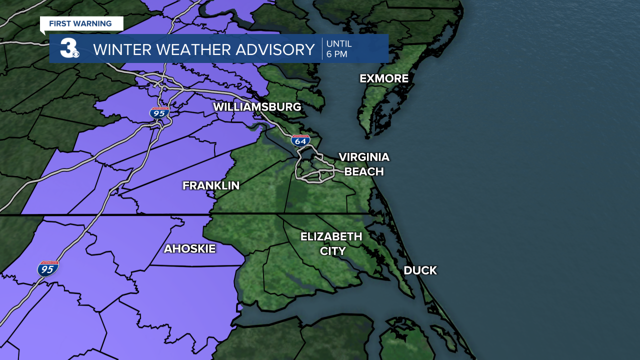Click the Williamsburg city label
pos(257,107)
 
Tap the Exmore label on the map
pos(384,78)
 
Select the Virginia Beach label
pos(363,164)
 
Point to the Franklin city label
pos(210,185)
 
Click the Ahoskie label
pos(189,248)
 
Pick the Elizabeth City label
pos(331,243)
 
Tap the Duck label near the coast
pos(420,270)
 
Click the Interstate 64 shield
pos(300,140)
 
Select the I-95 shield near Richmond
pos(159,112)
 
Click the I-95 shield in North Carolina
pos(48,268)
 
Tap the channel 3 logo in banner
pos(68,48)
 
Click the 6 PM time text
pos(336,54)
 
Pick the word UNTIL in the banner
pos(338,43)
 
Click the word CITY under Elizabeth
pos(332,251)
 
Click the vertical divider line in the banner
pos(322,48)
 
